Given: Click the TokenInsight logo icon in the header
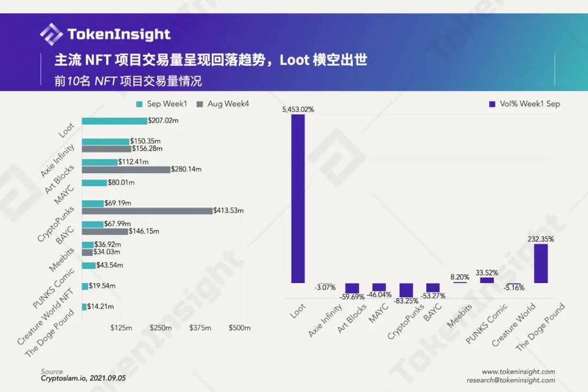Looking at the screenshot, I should [51, 34].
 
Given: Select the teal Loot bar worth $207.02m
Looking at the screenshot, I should [114, 121].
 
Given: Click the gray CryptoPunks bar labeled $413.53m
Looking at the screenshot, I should [147, 211].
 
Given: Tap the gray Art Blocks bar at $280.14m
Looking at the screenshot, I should [126, 169].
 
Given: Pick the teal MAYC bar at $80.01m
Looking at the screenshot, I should [94, 183].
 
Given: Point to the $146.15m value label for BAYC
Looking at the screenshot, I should [144, 231].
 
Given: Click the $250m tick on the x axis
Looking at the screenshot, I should [161, 328].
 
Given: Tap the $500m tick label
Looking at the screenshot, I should [240, 328].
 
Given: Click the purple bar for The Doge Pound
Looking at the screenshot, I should [541, 264].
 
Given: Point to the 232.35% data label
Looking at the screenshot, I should [541, 238].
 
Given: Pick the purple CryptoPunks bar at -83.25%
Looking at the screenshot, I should [406, 290].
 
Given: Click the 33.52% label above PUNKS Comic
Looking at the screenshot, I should [487, 273].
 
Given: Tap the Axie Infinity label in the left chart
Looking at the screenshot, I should [57, 161].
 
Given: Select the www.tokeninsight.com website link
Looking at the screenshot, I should [518, 372].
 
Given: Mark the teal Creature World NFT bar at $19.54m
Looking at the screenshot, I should [85, 286].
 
